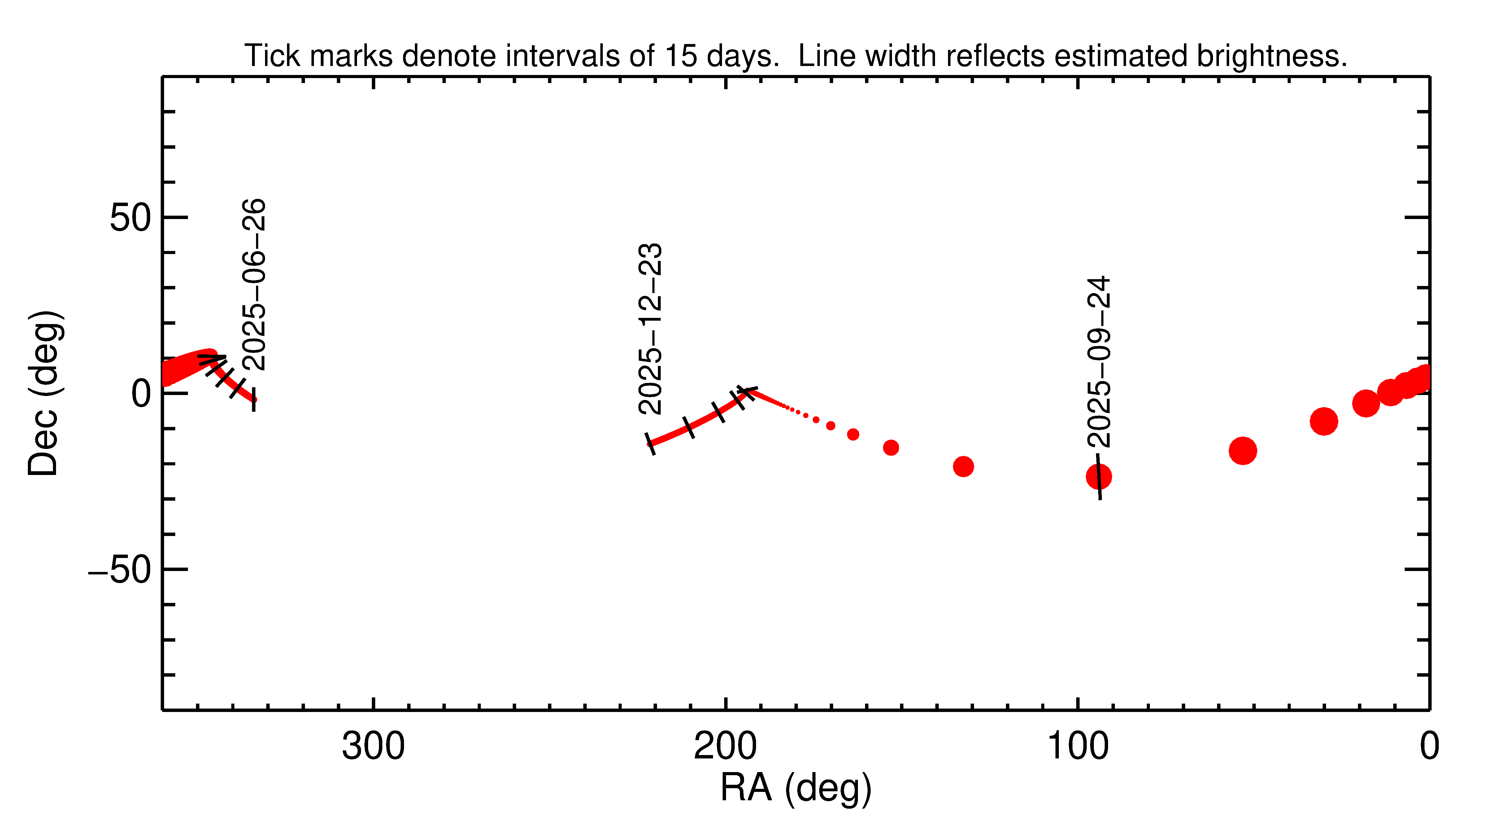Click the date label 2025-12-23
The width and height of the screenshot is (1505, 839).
pyautogui.click(x=650, y=329)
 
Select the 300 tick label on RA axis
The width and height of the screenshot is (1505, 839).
pyautogui.click(x=373, y=747)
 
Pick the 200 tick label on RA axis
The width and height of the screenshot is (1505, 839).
pyautogui.click(x=725, y=747)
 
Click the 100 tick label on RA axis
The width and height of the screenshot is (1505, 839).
pyautogui.click(x=1077, y=747)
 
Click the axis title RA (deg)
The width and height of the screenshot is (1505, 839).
pyautogui.click(x=796, y=788)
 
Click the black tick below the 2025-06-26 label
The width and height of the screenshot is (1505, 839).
pyautogui.click(x=254, y=399)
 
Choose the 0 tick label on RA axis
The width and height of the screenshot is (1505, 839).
pyautogui.click(x=1430, y=747)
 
